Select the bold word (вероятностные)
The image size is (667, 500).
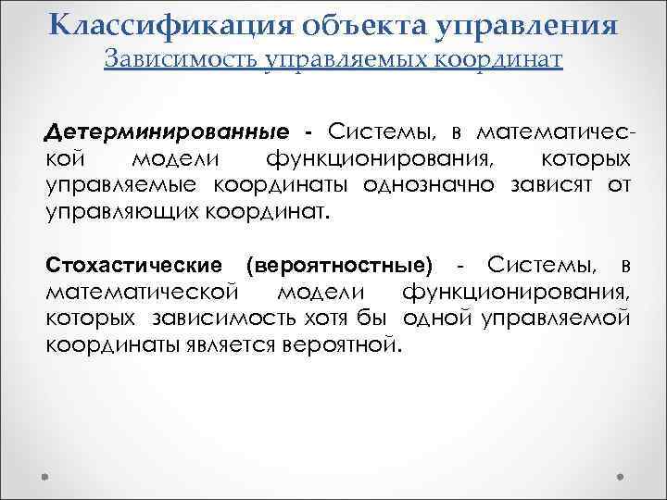pyautogui.click(x=339, y=266)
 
